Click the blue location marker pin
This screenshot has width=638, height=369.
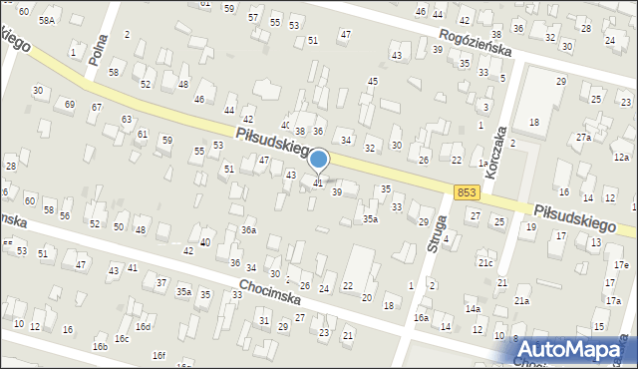pos(319,160)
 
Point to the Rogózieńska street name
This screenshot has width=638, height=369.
pos(477,45)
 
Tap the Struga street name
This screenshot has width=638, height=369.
pos(435,233)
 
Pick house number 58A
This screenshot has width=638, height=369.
pos(46,20)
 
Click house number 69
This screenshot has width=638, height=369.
pos(69,104)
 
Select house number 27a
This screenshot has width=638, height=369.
pos(583,137)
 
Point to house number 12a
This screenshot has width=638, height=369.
pos(621,158)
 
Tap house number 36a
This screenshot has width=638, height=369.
pos(248,230)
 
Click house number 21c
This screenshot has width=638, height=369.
pos(484,262)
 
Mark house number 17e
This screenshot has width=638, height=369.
pos(621,264)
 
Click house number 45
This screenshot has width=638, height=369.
pos(373,81)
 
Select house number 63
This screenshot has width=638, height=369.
pos(127,119)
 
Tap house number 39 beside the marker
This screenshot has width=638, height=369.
pos(337,191)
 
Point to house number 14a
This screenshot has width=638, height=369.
pos(473,309)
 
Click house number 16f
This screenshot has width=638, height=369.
pos(159,355)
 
